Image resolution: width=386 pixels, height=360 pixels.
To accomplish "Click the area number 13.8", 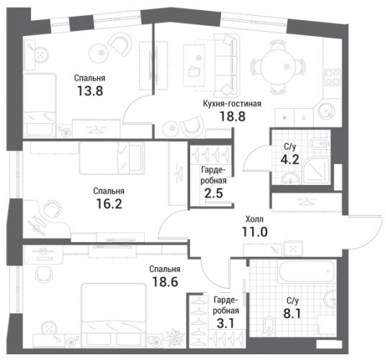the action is click(x=90, y=91).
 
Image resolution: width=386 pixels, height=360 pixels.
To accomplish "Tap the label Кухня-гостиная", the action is click(x=232, y=104).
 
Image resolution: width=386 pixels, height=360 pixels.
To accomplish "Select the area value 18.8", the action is click(x=233, y=117).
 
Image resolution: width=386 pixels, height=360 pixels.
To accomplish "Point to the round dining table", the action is click(x=278, y=66).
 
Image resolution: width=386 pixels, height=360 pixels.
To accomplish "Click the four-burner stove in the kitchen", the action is click(x=333, y=77).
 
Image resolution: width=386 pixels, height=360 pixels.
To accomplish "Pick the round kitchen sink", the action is click(x=326, y=111).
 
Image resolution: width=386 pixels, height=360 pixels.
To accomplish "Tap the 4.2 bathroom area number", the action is click(x=290, y=160).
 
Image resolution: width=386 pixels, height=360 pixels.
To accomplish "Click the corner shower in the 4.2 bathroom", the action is click(x=317, y=171).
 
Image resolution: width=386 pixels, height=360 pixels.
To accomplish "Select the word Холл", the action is click(x=254, y=219).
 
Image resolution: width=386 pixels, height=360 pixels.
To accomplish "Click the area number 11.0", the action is click(x=254, y=232).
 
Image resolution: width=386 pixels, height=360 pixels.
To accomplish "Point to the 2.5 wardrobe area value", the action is click(x=214, y=194).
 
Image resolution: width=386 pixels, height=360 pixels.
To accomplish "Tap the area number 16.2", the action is click(x=109, y=204).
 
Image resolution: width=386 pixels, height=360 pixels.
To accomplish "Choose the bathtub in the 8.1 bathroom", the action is click(x=306, y=271).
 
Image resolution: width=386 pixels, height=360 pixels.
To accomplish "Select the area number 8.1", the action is click(x=292, y=314).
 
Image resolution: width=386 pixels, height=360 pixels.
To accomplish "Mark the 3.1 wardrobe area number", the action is click(x=225, y=323).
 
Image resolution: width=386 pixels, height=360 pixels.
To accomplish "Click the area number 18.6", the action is click(x=165, y=282).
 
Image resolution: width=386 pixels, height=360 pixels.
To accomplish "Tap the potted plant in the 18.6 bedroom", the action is click(x=175, y=338).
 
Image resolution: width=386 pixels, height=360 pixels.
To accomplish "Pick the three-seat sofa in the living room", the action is click(x=227, y=66).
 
